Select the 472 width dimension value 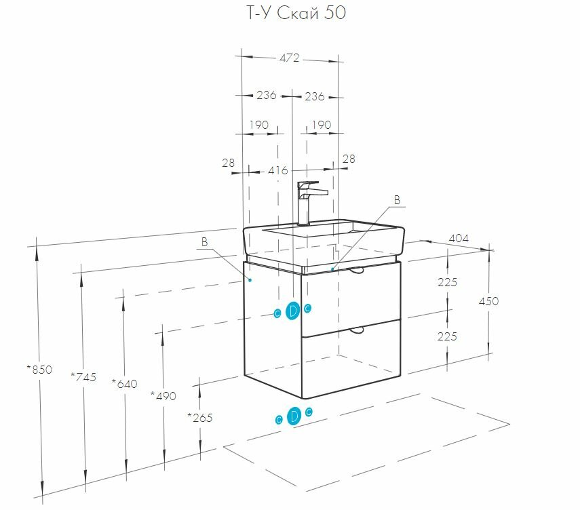point(289,58)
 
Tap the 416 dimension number point(278,170)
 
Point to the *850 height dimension point(39,370)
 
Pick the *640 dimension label point(124,384)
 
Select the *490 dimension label point(163,395)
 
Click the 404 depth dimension point(459,239)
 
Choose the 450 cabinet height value point(488,301)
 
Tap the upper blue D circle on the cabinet point(293,311)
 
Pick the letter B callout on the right point(398,199)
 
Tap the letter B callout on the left point(204,242)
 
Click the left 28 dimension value point(228,162)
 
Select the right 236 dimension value point(314,96)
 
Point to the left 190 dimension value point(258,125)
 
